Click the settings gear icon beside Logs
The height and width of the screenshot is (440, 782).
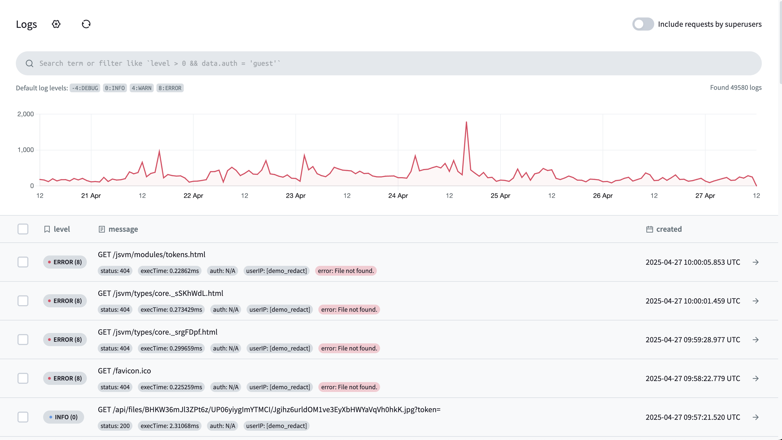[x=56, y=24]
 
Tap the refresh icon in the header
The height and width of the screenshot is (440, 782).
[x=86, y=24]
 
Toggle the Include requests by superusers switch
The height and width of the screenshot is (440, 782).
[x=643, y=24]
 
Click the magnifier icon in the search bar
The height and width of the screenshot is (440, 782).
[x=29, y=63]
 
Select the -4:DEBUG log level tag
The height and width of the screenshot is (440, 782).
[x=85, y=88]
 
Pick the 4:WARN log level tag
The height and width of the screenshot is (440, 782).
[x=141, y=88]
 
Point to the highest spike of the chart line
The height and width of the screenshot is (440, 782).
[x=466, y=122]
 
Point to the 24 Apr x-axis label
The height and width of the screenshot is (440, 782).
[x=398, y=196]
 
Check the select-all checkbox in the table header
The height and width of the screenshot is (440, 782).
[x=23, y=229]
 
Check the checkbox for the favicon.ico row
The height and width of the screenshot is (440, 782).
[x=23, y=378]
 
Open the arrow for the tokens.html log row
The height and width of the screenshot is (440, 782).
[x=756, y=262]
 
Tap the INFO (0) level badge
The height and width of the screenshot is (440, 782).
[x=63, y=417]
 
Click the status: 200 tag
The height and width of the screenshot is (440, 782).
[x=115, y=426]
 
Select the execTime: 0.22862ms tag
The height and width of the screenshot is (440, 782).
[x=170, y=271]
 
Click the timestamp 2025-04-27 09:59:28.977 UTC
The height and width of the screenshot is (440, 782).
[x=693, y=340]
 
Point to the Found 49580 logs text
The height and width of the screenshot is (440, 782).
[x=736, y=88]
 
